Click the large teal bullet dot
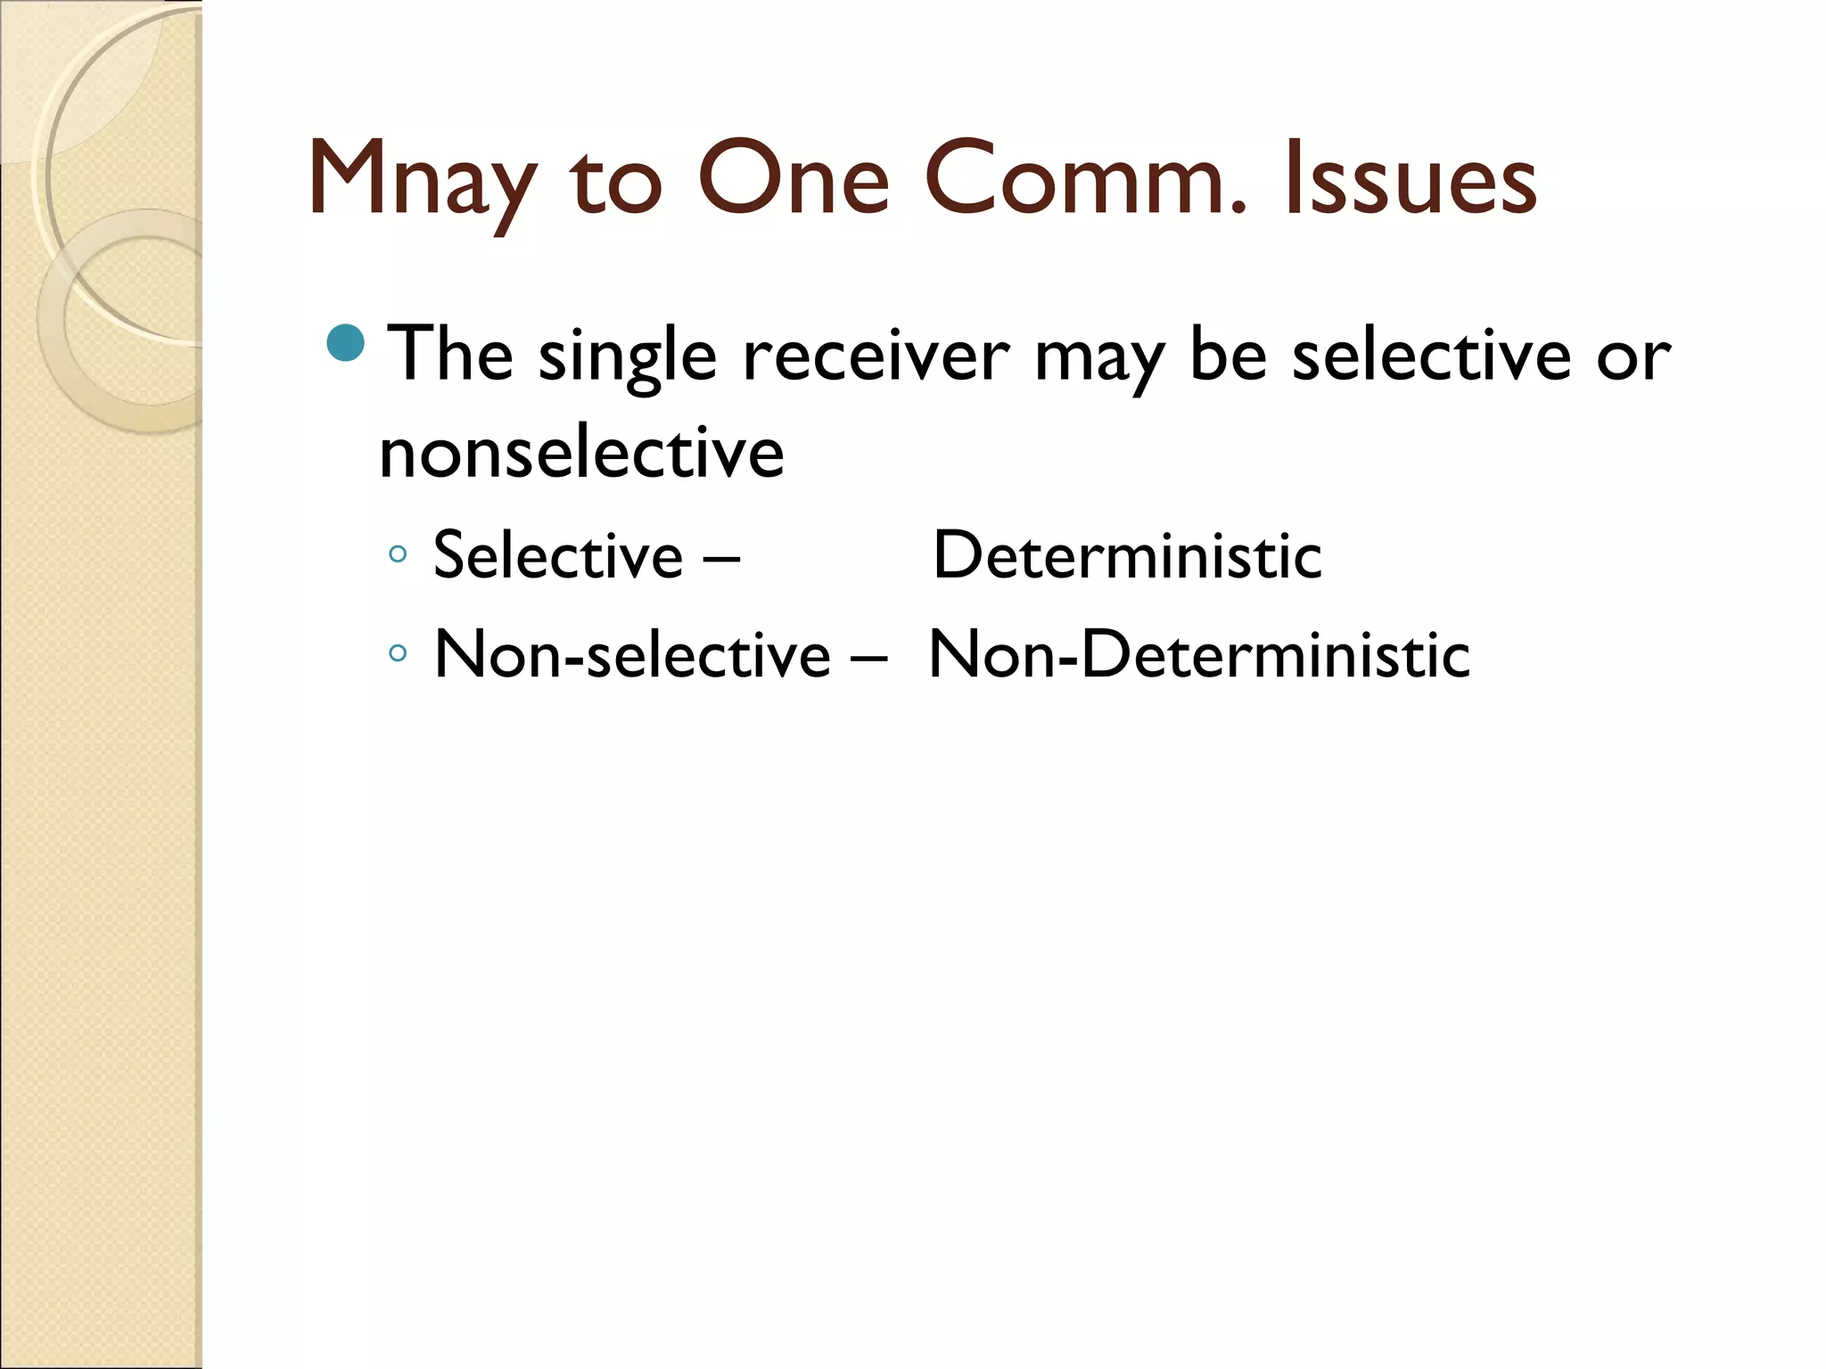tap(346, 343)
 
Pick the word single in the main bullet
tap(628, 357)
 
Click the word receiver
tap(876, 357)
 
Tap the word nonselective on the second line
tap(581, 453)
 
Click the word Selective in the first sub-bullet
tap(558, 555)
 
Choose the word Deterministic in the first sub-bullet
tap(1127, 555)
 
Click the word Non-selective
tap(632, 654)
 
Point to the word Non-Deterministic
tap(1199, 654)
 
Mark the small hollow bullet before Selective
tap(398, 554)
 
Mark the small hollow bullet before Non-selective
tap(398, 653)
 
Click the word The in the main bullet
tap(453, 355)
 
